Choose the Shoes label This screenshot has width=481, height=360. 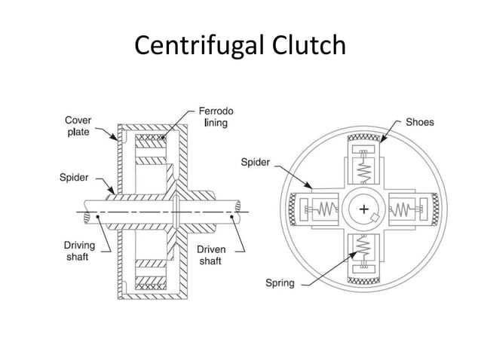(x=420, y=121)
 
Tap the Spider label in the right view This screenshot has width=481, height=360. (x=256, y=161)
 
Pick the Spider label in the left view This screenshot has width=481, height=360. (x=74, y=178)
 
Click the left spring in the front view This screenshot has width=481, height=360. (x=326, y=209)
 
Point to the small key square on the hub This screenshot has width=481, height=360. (x=373, y=218)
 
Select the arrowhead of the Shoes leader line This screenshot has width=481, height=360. (x=381, y=141)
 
